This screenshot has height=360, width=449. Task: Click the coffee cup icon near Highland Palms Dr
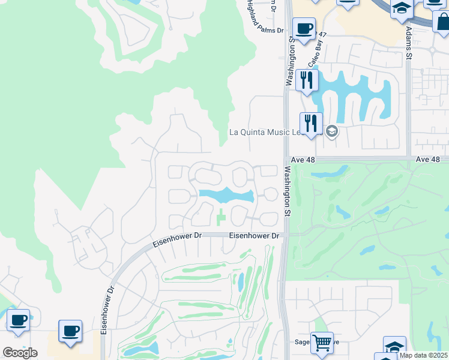point(304,28)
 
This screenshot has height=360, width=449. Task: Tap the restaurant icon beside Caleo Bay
point(307,80)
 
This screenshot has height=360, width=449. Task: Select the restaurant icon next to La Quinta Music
point(311,124)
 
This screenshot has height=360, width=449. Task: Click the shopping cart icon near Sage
point(322,343)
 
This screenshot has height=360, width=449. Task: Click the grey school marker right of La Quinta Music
point(331,131)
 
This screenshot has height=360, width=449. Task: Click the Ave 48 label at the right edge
point(427,159)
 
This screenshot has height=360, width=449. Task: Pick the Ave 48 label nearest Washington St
point(303,160)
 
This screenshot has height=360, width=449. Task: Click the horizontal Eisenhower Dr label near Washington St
point(255,236)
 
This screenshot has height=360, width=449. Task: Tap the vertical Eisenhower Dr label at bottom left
point(106,312)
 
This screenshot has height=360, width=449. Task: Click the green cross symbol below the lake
point(221,215)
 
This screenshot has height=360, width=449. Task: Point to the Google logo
point(20,352)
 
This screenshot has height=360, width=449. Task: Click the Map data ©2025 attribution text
point(423,355)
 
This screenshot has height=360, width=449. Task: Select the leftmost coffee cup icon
point(18,322)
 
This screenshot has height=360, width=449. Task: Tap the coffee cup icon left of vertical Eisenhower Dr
point(70,331)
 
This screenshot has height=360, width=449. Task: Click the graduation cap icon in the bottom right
point(394,347)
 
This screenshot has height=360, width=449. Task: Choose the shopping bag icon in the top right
point(442,21)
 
